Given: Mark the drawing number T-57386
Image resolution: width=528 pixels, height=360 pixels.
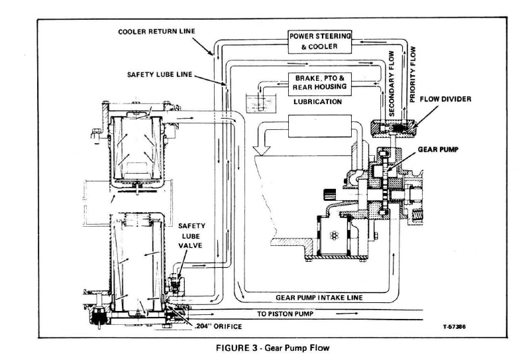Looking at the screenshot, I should coord(455,326).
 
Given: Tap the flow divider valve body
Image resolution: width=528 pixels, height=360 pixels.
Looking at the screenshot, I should coord(394,126).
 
